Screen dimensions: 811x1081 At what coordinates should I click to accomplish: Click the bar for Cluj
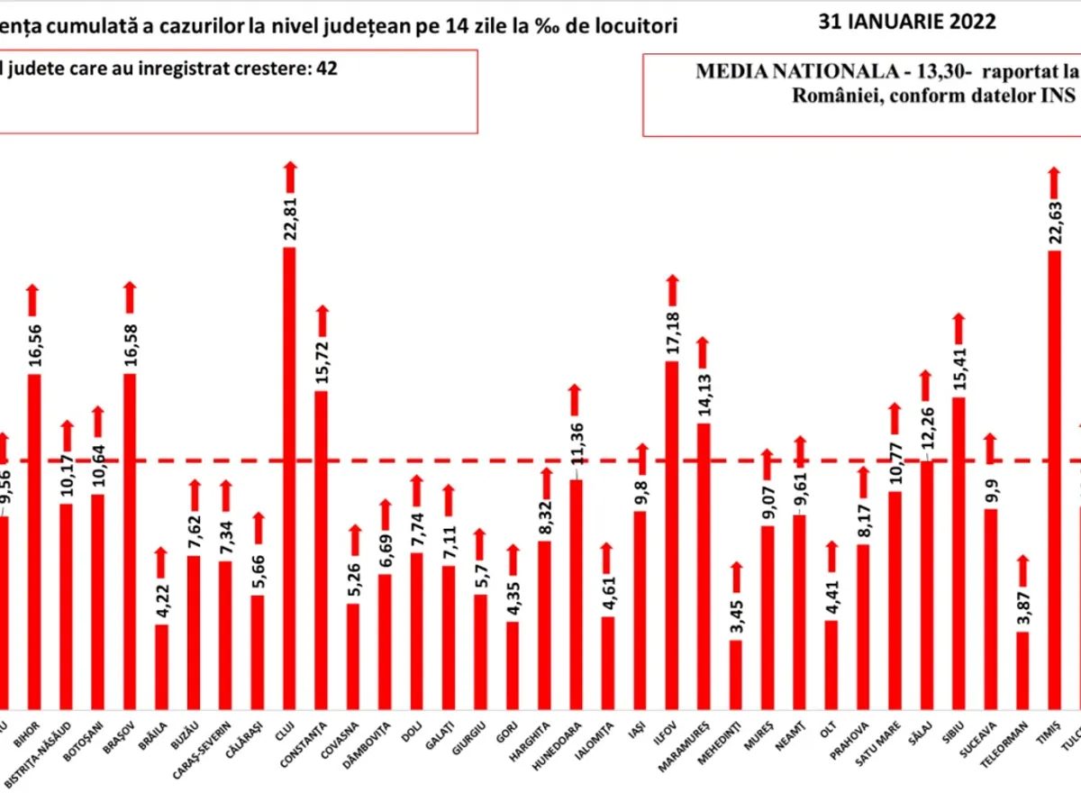pos(289,478)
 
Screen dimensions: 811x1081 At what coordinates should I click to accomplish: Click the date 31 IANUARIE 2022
pos(907,22)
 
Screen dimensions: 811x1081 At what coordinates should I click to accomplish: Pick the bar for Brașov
pos(130,541)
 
